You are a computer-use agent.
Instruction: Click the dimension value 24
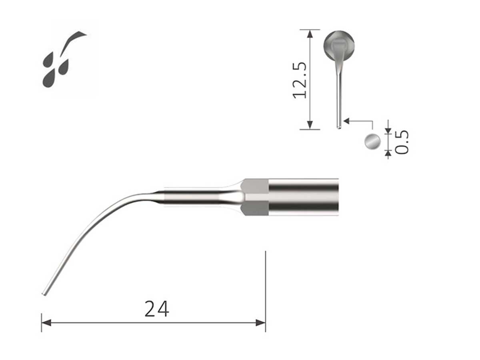point(157,309)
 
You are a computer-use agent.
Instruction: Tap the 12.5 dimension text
point(300,80)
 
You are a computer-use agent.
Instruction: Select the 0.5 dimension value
point(402,142)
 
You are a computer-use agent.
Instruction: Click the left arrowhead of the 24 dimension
point(46,322)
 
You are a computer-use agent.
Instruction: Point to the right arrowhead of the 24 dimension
point(261,322)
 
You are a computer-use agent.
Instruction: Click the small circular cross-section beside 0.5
point(372,142)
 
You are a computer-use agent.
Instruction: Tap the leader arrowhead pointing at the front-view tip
point(346,120)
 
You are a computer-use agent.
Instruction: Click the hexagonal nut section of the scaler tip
point(256,197)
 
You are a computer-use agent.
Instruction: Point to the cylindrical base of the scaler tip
point(303,197)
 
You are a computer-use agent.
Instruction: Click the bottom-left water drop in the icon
point(49,78)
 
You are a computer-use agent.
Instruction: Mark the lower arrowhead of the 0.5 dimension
point(388,152)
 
